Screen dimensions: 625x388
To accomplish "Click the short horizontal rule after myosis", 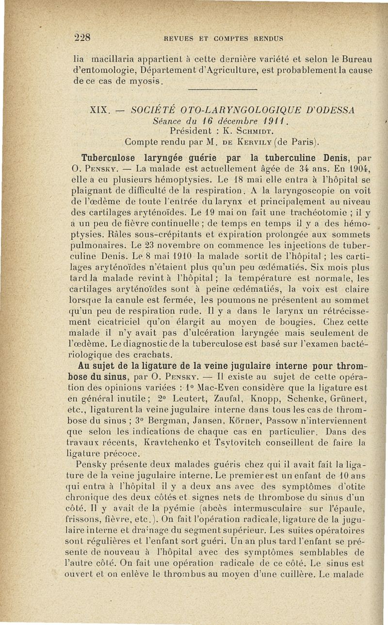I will pos(221,89).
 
